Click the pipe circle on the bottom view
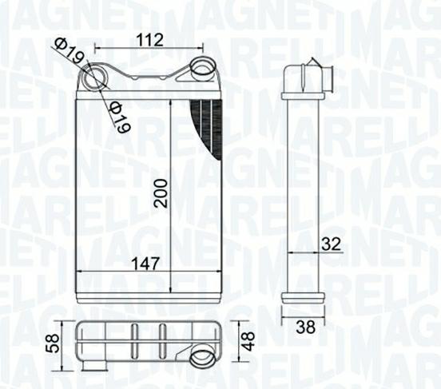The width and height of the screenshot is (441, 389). (x=203, y=359)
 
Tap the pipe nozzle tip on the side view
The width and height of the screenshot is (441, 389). (x=328, y=79)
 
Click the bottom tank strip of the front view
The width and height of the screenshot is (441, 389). (x=148, y=296)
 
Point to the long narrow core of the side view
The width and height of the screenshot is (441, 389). (x=303, y=192)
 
